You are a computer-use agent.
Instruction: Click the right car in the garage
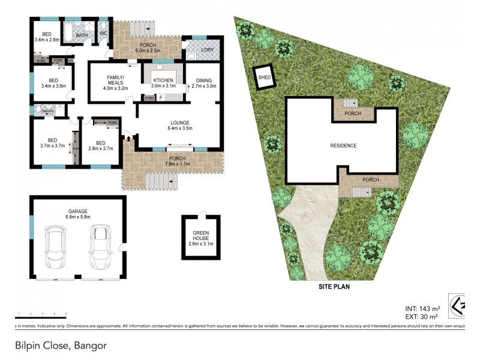100,247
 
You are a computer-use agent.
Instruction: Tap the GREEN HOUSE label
200,240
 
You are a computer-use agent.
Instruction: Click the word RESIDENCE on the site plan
343,146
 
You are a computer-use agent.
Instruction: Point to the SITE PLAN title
334,287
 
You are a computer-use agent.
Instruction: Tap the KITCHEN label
163,80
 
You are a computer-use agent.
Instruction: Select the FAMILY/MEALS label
116,83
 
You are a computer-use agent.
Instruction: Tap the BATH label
82,35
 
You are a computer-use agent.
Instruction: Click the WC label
103,34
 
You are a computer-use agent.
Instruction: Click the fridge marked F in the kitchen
161,97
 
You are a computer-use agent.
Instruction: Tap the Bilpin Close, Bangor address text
61,346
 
